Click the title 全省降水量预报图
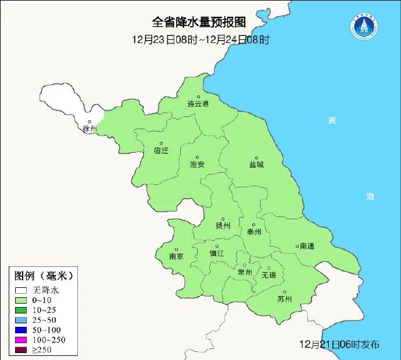(199, 22)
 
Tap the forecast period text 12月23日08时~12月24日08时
(201, 40)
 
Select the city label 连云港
(198, 104)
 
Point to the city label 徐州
(89, 129)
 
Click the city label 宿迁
(161, 150)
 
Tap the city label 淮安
(197, 165)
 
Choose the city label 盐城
(256, 165)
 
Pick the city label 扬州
(223, 226)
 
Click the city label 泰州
(254, 231)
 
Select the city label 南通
(306, 246)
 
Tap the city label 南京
(176, 256)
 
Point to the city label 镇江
(217, 254)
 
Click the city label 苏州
(284, 300)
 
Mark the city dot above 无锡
(268, 268)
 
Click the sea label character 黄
(332, 120)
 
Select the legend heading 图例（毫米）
(44, 275)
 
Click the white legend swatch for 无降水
(22, 290)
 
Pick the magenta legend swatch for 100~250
(22, 340)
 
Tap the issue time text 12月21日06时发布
(339, 345)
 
